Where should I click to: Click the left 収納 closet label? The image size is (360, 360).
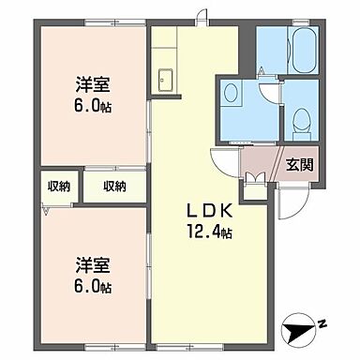pyautogui.click(x=58, y=187)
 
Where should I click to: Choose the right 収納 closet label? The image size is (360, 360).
pyautogui.click(x=114, y=187)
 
